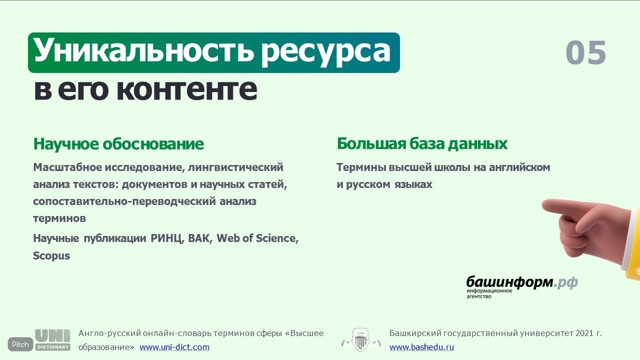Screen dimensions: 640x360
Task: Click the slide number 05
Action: [x=585, y=52]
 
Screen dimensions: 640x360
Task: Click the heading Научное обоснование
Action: [x=118, y=143]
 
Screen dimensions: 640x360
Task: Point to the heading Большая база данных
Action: [x=422, y=143]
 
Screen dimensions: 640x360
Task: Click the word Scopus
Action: [x=51, y=255]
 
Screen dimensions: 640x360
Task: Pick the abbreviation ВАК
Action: [x=199, y=238]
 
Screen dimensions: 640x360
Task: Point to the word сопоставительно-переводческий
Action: [x=124, y=201]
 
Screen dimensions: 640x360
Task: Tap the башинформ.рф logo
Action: [x=522, y=286]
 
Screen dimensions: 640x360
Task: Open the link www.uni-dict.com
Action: [x=174, y=347]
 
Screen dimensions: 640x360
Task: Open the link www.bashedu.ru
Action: [x=421, y=347]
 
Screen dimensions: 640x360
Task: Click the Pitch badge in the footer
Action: [x=20, y=344]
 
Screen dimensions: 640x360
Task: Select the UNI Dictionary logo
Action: [x=53, y=340]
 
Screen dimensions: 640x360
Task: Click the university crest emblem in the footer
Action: [x=361, y=339]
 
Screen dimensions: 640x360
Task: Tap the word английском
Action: [x=519, y=167]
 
